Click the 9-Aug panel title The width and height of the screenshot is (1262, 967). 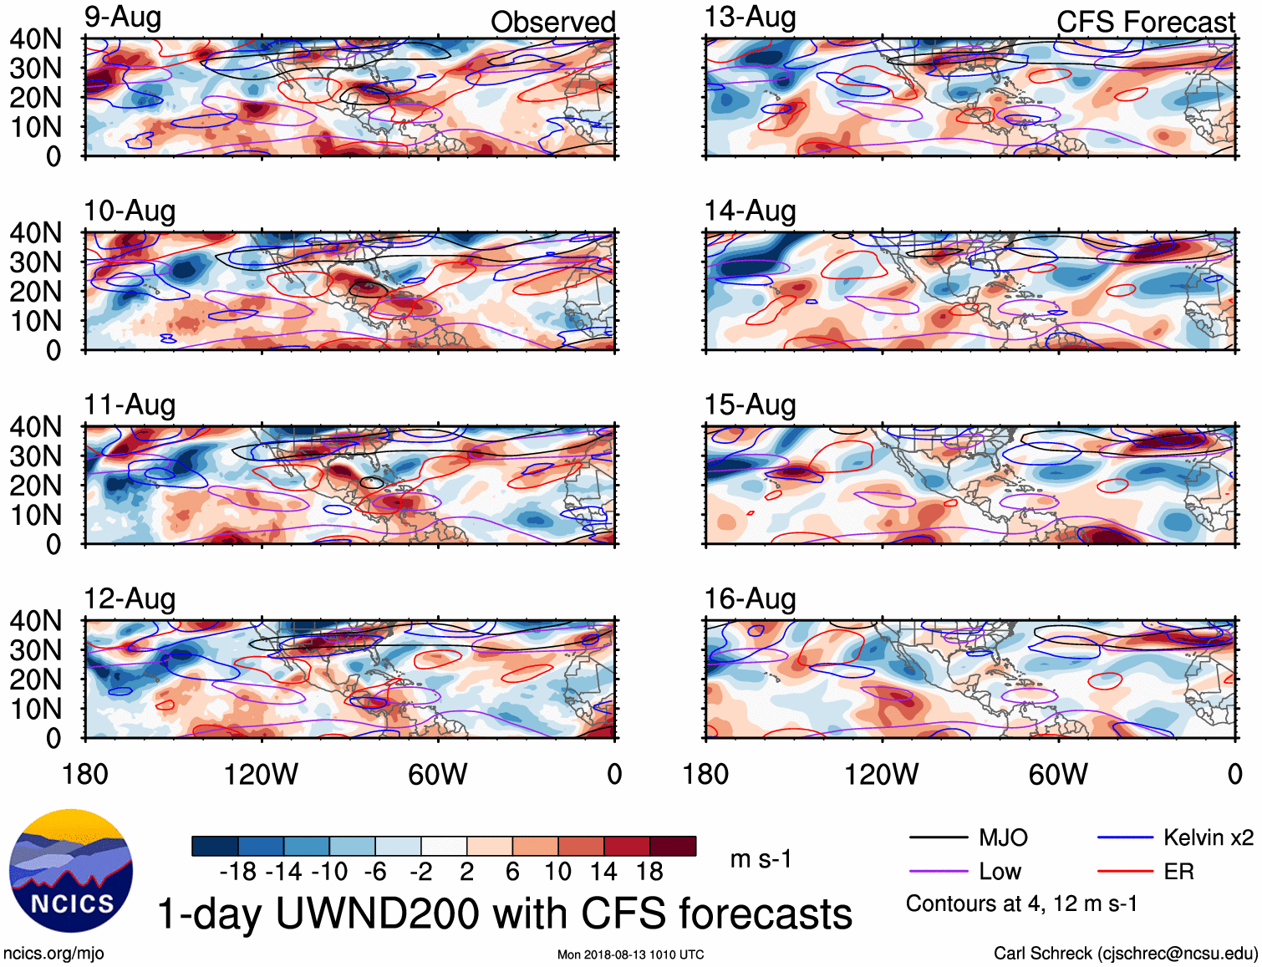123,18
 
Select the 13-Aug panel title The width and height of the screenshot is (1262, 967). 750,18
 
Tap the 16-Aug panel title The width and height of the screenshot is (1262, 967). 750,599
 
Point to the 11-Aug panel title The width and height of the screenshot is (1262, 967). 130,405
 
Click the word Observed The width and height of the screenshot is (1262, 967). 552,23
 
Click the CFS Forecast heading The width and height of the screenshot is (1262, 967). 1145,23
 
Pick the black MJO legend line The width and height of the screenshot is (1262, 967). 939,837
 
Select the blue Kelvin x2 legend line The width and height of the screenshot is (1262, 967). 1126,837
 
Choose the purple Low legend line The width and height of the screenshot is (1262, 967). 939,872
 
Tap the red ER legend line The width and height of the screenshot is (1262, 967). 1126,872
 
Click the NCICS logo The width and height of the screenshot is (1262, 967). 71,871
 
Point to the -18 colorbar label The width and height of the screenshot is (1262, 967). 238,872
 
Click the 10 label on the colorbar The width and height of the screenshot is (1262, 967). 557,872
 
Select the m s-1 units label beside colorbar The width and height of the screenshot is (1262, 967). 761,859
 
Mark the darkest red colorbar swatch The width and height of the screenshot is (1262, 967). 673,846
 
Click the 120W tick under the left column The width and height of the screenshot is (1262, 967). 261,775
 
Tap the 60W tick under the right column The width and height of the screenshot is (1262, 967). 1058,775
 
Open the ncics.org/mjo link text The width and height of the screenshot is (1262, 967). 53,954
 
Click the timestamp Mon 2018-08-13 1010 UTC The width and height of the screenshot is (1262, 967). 630,954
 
